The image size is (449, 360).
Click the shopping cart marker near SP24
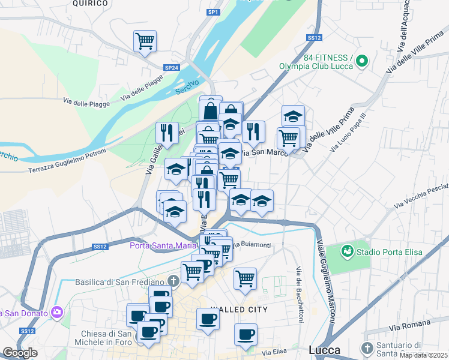[145, 41]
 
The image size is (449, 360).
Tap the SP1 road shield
[212, 12]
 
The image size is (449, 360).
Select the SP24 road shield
[171, 68]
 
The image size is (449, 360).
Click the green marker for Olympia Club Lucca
[362, 61]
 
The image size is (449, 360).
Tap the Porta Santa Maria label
[164, 245]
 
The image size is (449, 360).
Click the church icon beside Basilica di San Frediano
[173, 281]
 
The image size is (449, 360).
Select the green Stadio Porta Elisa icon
[346, 251]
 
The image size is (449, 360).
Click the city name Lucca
[324, 350]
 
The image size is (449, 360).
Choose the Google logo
[20, 353]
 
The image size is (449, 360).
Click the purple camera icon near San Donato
[58, 311]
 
